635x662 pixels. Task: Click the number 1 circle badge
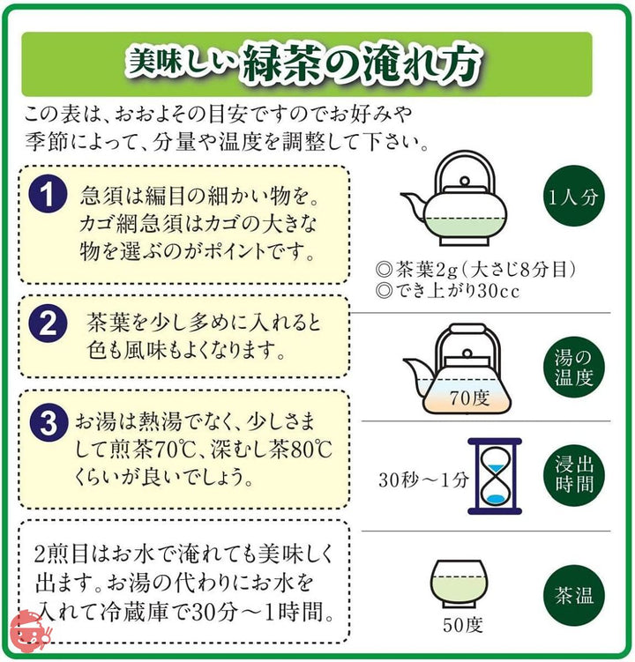coord(48,195)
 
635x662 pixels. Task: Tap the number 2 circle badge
coord(48,324)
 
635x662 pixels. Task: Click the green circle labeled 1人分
coord(573,197)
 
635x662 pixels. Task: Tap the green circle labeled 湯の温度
coord(573,368)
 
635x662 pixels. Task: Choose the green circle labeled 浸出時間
coord(573,475)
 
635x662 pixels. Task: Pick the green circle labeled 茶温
coord(573,595)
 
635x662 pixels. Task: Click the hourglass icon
coord(495,476)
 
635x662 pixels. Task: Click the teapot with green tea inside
coord(453,198)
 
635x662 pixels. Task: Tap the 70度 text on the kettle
coord(469,398)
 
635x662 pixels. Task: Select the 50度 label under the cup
coord(463,625)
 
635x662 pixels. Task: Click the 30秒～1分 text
coord(423,480)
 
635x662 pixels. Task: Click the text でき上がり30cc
coord(457,291)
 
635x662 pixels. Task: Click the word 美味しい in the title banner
coord(182,63)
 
